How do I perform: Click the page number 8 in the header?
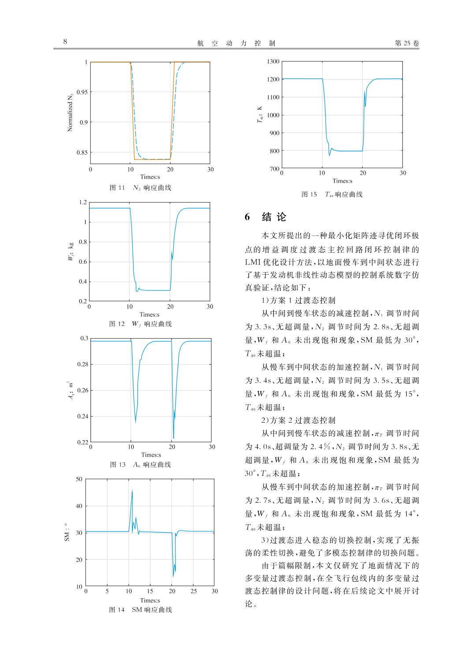pyautogui.click(x=65, y=41)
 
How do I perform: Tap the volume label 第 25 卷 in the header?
pyautogui.click(x=406, y=43)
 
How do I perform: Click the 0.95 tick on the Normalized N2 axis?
pyautogui.click(x=82, y=92)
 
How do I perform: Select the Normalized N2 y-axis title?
pyautogui.click(x=70, y=113)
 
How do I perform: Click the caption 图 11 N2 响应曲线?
pyautogui.click(x=140, y=188)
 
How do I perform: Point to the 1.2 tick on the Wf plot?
pyautogui.click(x=83, y=203)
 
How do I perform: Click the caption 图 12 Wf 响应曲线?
pyautogui.click(x=140, y=324)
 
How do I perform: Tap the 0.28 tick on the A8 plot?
pyautogui.click(x=82, y=364)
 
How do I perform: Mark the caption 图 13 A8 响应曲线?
pyautogui.click(x=140, y=464)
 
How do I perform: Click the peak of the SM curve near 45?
pyautogui.click(x=132, y=490)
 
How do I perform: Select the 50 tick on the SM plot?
pyautogui.click(x=79, y=479)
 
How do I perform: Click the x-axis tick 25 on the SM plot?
pyautogui.click(x=193, y=591)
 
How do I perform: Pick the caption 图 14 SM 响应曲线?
pyautogui.click(x=140, y=610)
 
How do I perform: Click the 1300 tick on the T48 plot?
pyautogui.click(x=273, y=62)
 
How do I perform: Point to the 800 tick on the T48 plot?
pyautogui.click(x=274, y=151)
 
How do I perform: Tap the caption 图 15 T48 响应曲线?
pyautogui.click(x=331, y=194)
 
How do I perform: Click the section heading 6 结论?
pyautogui.click(x=266, y=217)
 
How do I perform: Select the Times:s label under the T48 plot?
pyautogui.click(x=342, y=181)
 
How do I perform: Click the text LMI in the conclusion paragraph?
pyautogui.click(x=253, y=262)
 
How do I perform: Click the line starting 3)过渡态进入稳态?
pyautogui.click(x=340, y=540)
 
